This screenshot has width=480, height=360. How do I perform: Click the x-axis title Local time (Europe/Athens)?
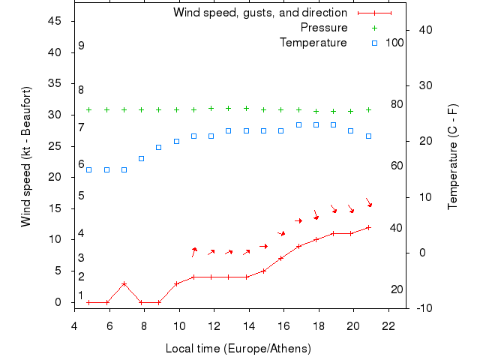(x=240, y=349)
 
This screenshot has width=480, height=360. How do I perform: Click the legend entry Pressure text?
(x=324, y=28)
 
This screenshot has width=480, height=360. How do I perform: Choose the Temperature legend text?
(x=313, y=43)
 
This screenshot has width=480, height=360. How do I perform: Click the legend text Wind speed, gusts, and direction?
(x=260, y=13)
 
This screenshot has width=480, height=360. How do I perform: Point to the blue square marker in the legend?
(x=374, y=43)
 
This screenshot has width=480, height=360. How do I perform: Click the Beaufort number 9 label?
(x=81, y=46)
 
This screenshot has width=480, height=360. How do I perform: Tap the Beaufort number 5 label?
(x=81, y=196)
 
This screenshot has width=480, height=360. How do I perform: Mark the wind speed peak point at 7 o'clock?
(x=124, y=283)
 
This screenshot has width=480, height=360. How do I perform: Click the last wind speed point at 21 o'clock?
(x=368, y=227)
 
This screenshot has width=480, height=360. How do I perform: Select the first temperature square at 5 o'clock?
(x=88, y=169)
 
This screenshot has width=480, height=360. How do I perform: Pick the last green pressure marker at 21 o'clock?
(x=368, y=109)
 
